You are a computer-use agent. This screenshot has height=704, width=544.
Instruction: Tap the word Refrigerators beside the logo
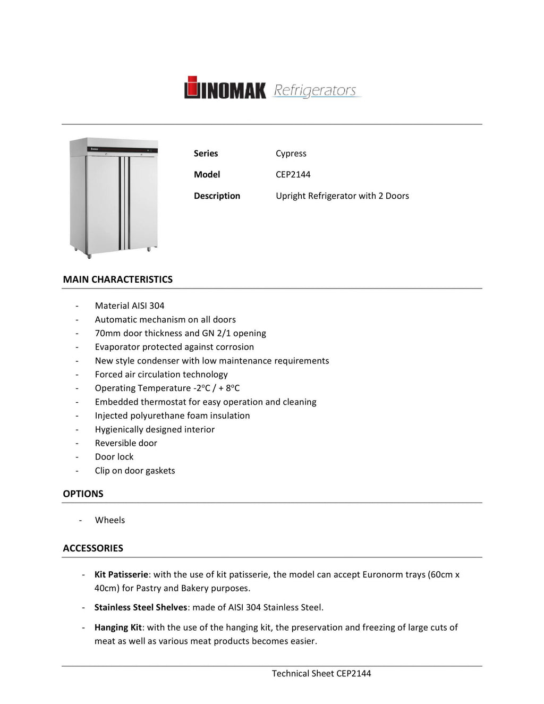pos(315,90)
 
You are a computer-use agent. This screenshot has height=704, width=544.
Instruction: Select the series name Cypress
pos(291,154)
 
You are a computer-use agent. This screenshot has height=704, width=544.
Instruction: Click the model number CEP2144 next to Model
pos(293,174)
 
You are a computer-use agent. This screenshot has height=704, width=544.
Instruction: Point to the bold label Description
pos(217,196)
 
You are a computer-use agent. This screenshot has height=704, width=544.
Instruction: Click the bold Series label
pos(206,154)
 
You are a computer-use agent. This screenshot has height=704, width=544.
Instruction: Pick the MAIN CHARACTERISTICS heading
pos(117,279)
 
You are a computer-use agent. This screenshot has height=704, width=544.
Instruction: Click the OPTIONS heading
pos(83,494)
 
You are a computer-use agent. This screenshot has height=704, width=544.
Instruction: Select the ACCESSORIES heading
pos(93,548)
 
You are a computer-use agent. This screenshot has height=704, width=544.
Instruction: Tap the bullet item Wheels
pos(110,520)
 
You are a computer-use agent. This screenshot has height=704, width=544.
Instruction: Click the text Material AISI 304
pos(130,306)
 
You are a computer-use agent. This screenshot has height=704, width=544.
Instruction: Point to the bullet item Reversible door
pos(126,443)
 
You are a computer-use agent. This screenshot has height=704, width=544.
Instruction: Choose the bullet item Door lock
pos(114,457)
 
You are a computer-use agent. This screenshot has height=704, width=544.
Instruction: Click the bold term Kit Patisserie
pos(121,574)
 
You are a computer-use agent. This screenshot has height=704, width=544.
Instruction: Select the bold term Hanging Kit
pos(118,627)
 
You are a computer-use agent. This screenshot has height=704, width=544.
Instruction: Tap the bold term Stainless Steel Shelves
pos(141,607)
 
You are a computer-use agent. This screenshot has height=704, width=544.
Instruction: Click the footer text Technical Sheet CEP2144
pos(321,674)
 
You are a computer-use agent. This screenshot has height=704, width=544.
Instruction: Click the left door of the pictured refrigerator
pos(103,202)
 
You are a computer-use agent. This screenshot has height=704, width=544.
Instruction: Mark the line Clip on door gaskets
pos(135,471)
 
